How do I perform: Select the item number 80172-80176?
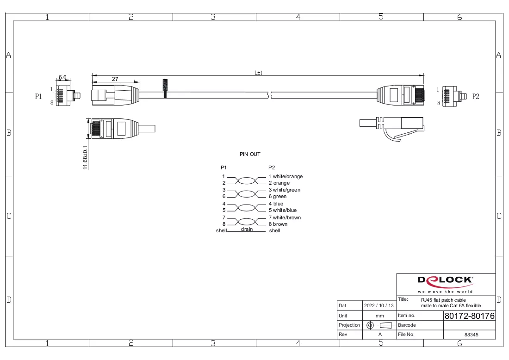click(469, 316)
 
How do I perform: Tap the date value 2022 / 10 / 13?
click(379, 305)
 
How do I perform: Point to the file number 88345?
click(472, 335)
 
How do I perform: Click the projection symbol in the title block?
click(380, 325)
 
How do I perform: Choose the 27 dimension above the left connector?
click(115, 79)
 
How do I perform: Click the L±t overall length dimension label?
click(258, 72)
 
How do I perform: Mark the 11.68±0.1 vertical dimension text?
click(86, 157)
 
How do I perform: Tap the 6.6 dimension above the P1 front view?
click(62, 77)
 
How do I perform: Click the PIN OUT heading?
click(250, 154)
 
